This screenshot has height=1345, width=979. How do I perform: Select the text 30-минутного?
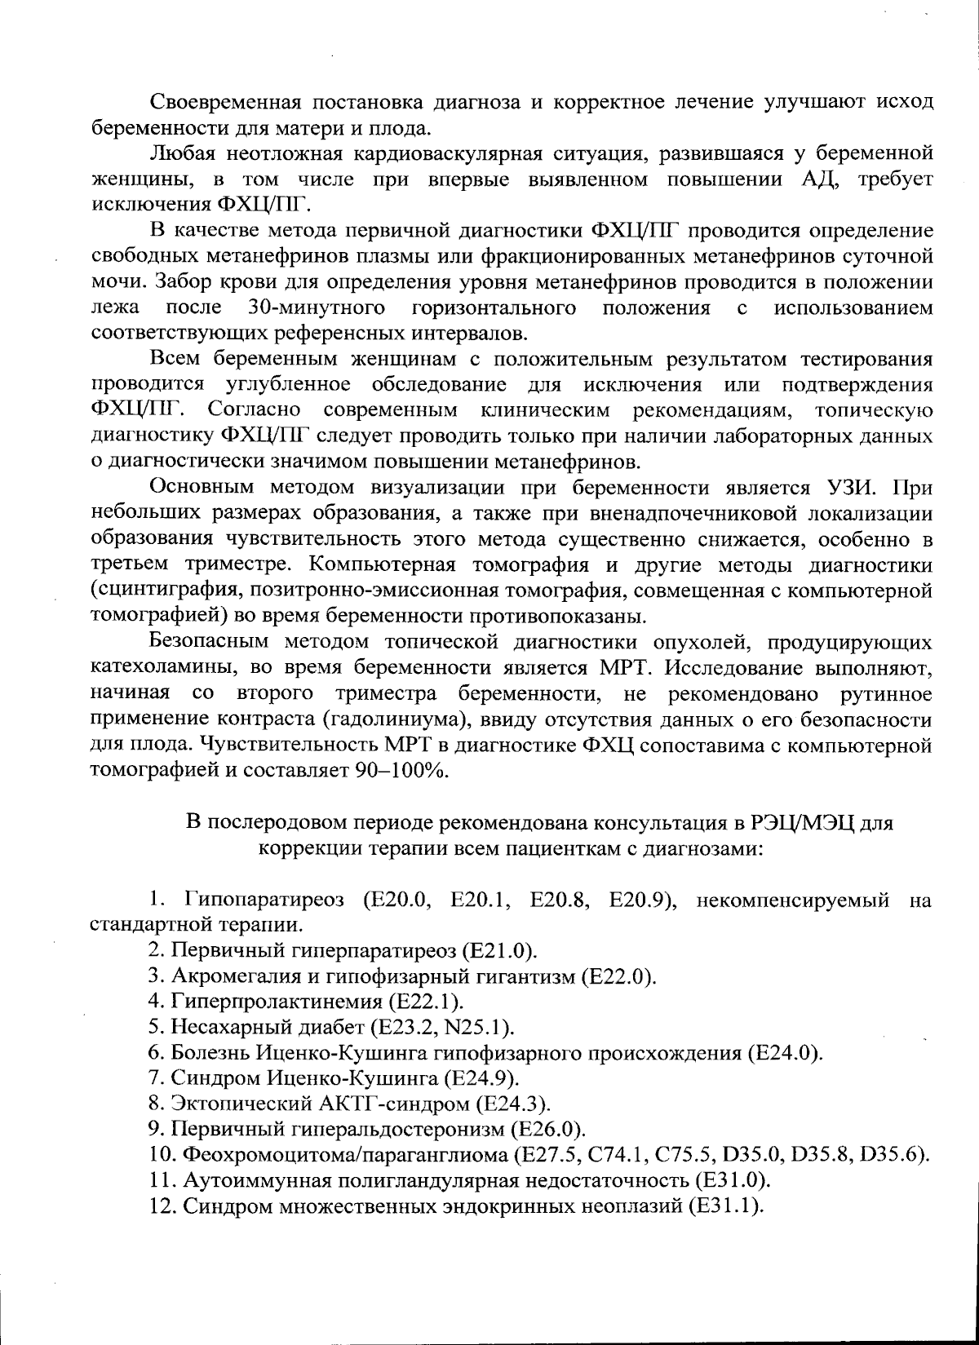click(x=317, y=308)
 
